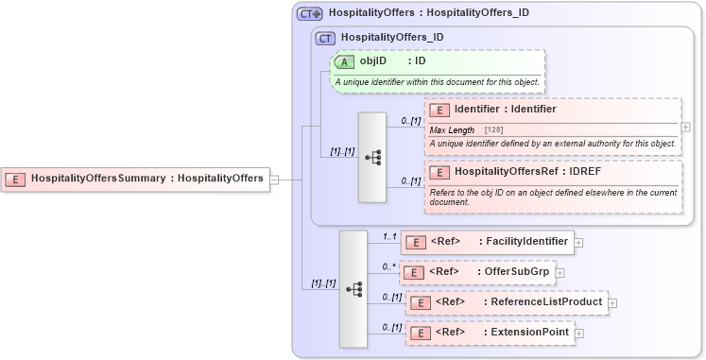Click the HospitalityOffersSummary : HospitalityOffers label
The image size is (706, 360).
pos(146,178)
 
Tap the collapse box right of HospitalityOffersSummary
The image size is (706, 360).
pos(274,178)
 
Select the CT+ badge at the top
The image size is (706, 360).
pos(309,14)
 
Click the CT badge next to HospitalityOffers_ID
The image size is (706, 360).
pos(325,38)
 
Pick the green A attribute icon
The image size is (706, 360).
pos(346,61)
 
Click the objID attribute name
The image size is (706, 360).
pos(373,61)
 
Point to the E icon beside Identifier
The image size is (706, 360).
pos(439,110)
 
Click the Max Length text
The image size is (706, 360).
pos(453,129)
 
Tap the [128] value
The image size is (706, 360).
pos(493,129)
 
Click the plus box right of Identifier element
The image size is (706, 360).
pos(685,127)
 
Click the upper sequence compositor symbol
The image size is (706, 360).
pos(372,158)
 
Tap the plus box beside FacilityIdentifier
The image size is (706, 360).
pos(578,243)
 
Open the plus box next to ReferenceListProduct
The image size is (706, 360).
pos(612,303)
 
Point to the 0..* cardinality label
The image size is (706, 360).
pos(387,267)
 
